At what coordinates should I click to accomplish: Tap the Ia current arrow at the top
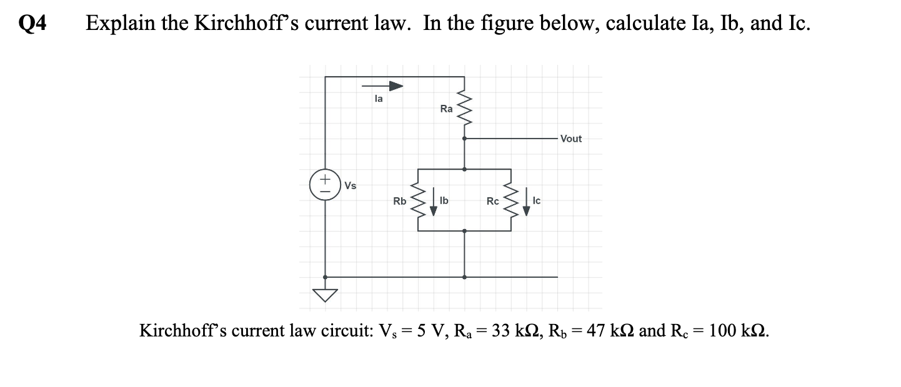pos(382,86)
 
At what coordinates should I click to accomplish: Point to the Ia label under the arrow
pos(379,98)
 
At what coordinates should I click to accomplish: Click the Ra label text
pos(446,109)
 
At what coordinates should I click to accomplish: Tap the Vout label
pos(570,139)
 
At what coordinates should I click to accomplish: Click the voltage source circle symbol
pos(324,185)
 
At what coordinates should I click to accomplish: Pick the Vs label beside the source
pos(351,186)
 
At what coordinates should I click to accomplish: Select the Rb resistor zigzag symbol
pos(417,200)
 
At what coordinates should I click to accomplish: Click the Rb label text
pos(399,201)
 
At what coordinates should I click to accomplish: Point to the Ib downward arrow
pos(433,204)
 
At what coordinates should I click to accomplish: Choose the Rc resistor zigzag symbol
pos(511,200)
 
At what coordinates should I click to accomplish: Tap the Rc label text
pos(493,201)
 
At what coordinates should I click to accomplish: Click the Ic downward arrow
pos(526,204)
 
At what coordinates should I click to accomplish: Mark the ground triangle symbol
pos(324,295)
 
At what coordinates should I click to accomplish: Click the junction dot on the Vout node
pos(464,139)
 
